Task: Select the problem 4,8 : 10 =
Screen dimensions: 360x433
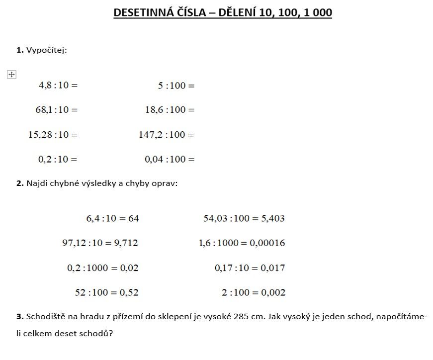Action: pyautogui.click(x=58, y=85)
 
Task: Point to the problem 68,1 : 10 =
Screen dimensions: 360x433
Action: pyautogui.click(x=56, y=109)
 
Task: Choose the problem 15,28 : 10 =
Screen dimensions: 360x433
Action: pyautogui.click(x=53, y=134)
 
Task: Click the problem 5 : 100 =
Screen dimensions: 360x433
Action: pyautogui.click(x=176, y=86)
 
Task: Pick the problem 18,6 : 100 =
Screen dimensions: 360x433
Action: pyautogui.click(x=170, y=109)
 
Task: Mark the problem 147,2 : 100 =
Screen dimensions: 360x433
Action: pyautogui.click(x=166, y=134)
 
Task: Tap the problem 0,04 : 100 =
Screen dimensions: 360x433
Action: pyautogui.click(x=170, y=159)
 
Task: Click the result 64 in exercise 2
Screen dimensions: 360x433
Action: pyautogui.click(x=133, y=218)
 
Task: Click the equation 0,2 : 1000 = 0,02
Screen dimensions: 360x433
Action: pyautogui.click(x=103, y=268)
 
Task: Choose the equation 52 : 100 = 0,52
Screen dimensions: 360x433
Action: pyautogui.click(x=106, y=293)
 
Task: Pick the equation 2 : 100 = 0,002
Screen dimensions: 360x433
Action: pyautogui.click(x=254, y=293)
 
